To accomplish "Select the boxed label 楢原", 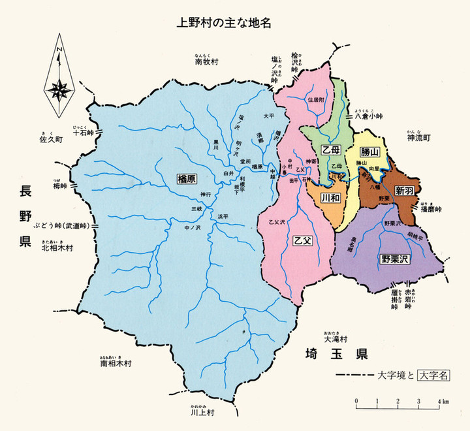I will pos(187,178).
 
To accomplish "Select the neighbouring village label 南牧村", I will pos(205,63).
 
